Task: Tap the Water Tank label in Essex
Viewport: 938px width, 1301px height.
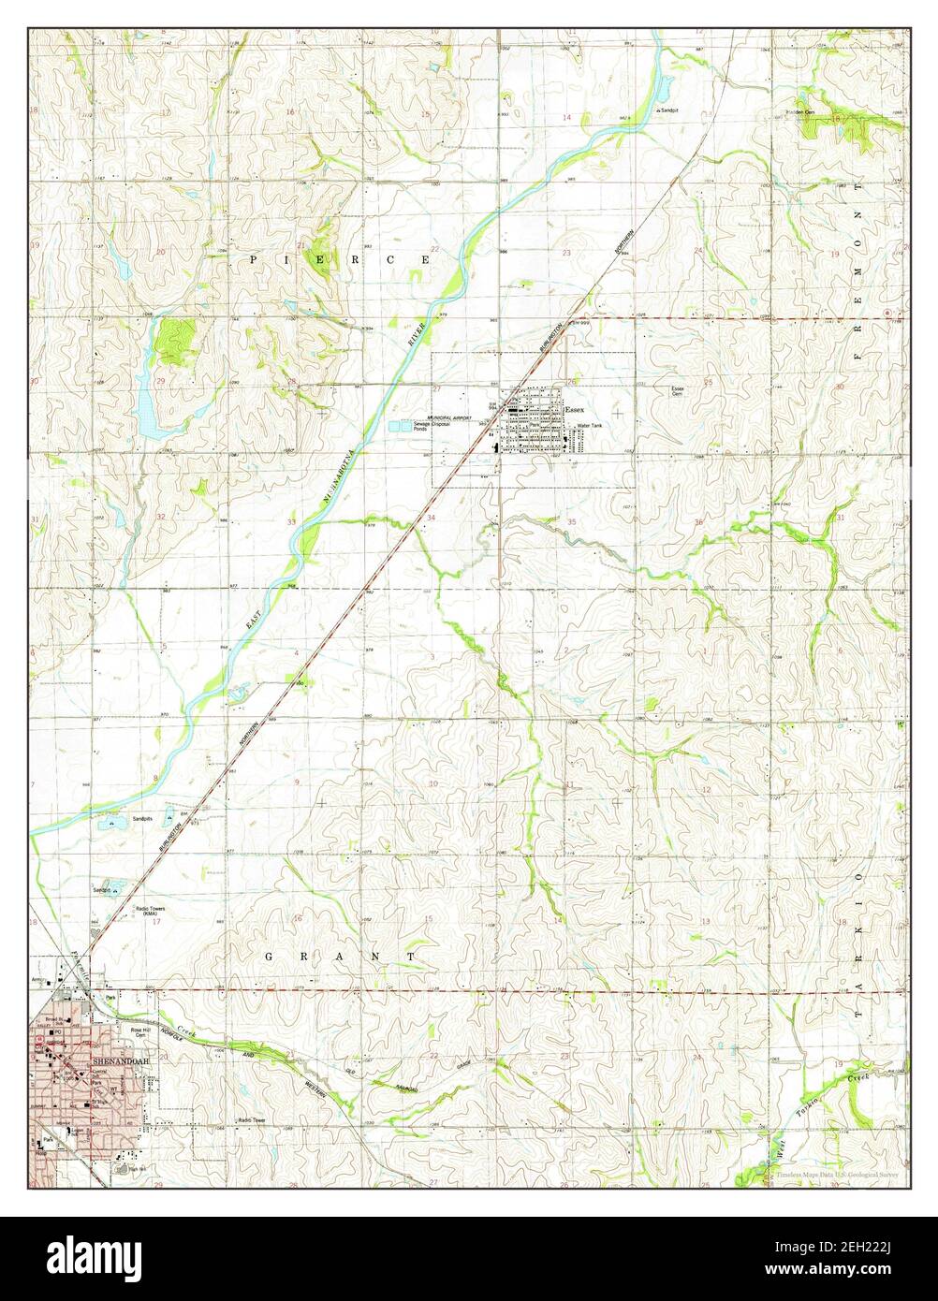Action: pos(590,426)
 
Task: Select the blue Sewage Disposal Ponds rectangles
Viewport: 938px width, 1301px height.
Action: pos(402,427)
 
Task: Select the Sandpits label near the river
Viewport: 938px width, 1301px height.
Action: pos(143,818)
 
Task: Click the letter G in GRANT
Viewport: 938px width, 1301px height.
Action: pos(268,956)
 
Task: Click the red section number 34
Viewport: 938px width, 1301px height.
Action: pos(432,518)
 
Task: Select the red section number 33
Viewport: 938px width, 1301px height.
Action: pos(292,521)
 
